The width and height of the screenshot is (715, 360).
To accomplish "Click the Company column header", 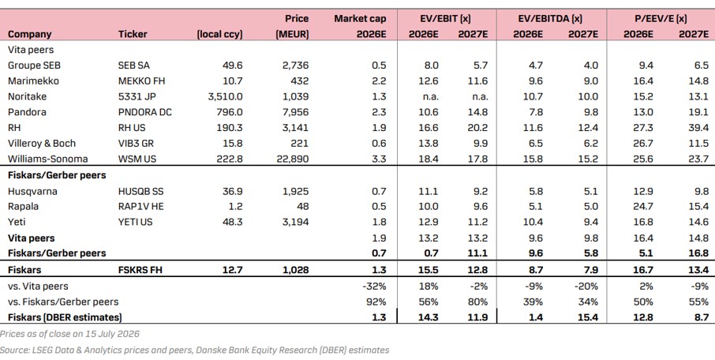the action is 30,34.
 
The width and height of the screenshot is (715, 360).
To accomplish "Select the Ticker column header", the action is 133,34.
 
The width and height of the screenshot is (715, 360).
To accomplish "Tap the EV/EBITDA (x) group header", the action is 550,19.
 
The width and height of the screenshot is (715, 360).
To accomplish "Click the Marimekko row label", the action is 33,81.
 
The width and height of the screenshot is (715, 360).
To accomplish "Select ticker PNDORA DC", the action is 145,112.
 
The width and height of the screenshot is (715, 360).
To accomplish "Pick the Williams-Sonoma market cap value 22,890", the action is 292,159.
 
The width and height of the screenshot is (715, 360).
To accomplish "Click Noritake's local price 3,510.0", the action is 224,96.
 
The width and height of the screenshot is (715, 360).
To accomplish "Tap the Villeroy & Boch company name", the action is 42,143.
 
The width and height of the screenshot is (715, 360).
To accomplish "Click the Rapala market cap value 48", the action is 302,206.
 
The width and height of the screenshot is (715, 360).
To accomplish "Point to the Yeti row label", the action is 17,222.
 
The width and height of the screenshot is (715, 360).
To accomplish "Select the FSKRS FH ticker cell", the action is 140,270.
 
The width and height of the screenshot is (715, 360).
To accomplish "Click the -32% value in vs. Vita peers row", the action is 374,286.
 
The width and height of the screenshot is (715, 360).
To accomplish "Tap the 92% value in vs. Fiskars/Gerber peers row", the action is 376,302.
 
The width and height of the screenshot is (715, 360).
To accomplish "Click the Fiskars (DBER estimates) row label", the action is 65,317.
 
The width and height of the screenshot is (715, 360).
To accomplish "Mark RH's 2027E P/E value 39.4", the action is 698,128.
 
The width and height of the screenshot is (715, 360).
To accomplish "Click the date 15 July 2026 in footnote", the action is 110,333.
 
